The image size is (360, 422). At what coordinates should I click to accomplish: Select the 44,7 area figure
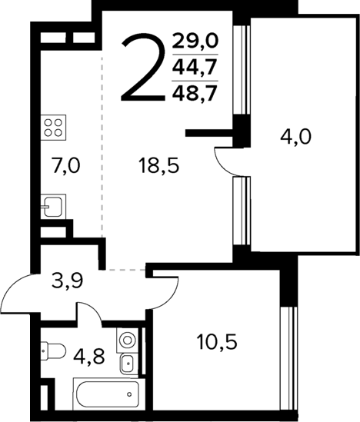pyautogui.click(x=195, y=67)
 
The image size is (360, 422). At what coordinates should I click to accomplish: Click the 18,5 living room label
pyautogui.click(x=158, y=164)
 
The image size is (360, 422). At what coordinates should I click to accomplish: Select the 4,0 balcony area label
pyautogui.click(x=295, y=139)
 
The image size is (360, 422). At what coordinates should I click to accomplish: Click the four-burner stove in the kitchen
pyautogui.click(x=55, y=127)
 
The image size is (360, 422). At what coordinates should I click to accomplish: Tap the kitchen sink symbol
pyautogui.click(x=53, y=206)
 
